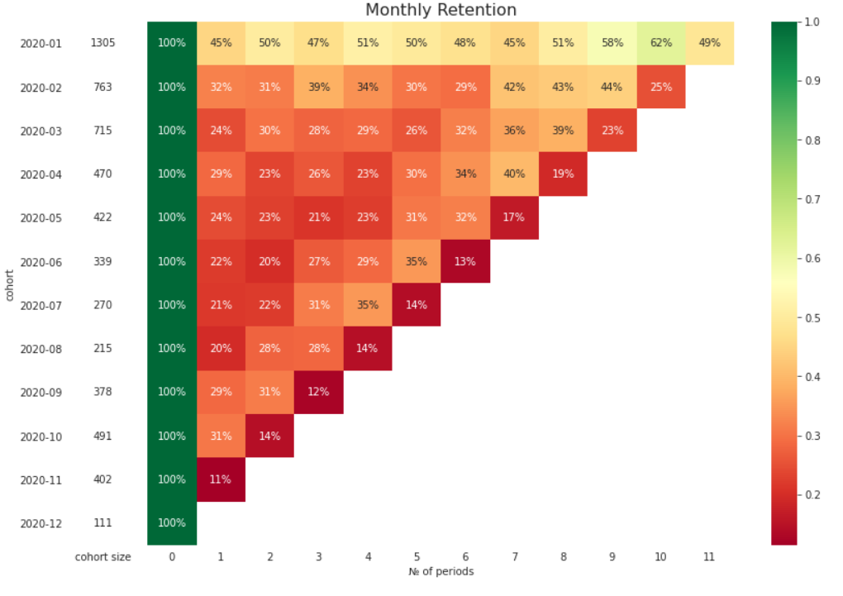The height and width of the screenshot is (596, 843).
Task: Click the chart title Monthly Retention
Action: point(441,10)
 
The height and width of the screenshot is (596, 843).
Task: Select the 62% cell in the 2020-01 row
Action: point(660,43)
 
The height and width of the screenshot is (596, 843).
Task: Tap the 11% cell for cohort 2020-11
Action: point(221,479)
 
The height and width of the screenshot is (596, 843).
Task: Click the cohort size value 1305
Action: point(102,43)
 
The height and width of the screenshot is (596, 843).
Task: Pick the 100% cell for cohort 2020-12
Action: point(172,523)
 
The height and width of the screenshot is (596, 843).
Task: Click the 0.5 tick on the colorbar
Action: point(813,317)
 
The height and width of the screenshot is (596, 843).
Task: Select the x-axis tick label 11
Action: point(709,557)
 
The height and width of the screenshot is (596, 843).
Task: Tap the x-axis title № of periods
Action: point(441,571)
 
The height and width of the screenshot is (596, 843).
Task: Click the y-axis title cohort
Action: point(9,284)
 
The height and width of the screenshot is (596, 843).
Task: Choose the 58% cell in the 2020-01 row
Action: point(612,43)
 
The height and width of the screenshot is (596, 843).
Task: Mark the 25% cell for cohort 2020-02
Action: point(660,87)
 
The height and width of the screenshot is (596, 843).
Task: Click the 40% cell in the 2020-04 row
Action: point(514,174)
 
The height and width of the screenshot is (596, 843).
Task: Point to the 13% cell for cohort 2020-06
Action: point(465,262)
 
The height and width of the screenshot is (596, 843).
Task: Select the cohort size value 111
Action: point(102,523)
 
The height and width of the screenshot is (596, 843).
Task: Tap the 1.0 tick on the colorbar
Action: point(813,21)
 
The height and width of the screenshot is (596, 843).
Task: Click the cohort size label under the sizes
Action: point(102,557)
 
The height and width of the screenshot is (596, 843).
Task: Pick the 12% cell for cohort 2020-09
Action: point(318,392)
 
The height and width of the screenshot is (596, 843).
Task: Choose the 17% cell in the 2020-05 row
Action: point(514,218)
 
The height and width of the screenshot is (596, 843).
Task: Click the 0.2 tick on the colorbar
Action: point(813,495)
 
